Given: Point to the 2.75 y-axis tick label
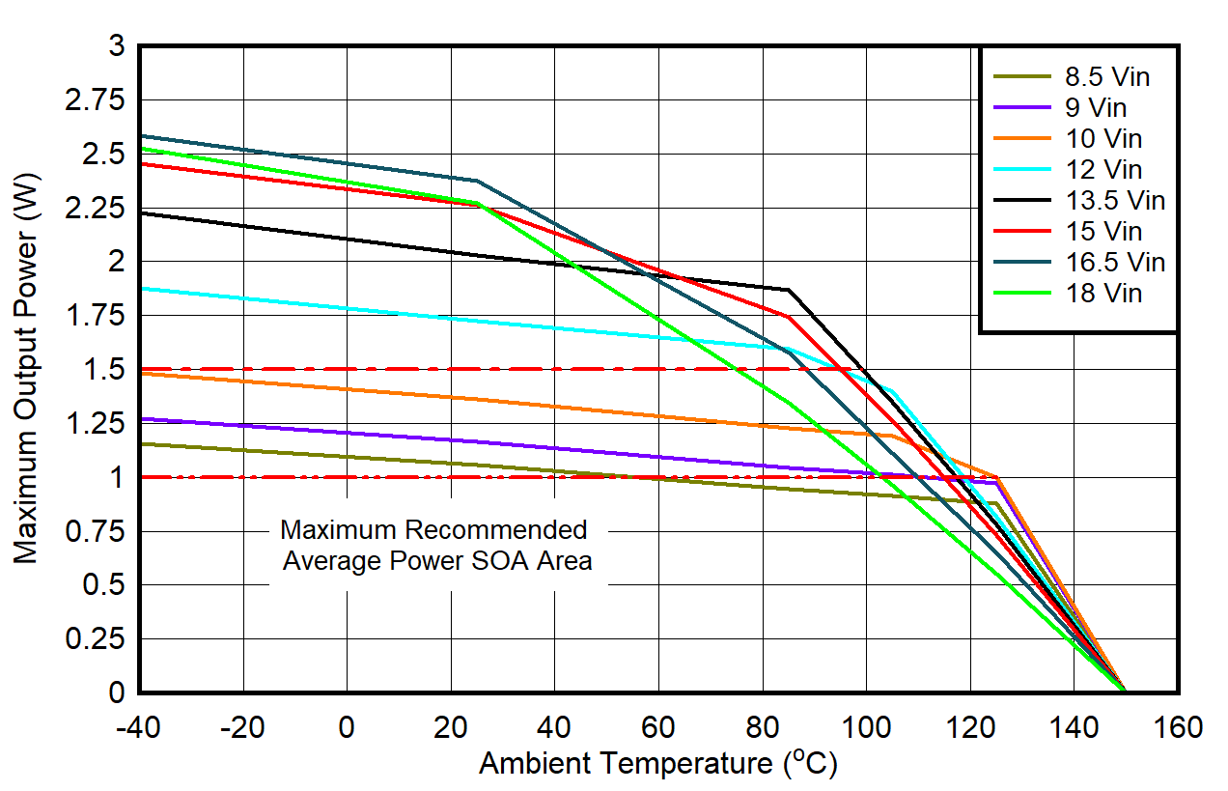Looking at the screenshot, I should [96, 99].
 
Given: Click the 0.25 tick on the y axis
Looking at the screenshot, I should [96, 639].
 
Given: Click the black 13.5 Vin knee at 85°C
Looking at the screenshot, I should [789, 290].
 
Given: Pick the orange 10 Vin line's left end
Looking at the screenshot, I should [140, 373].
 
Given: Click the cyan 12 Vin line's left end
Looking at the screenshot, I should [140, 288].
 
